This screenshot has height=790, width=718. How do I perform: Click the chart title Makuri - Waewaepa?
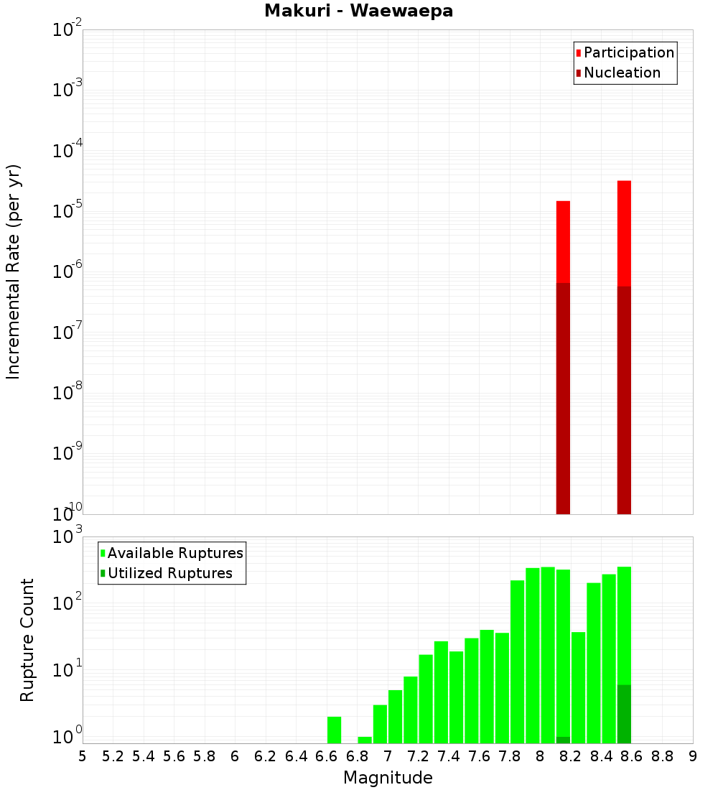[x=358, y=11]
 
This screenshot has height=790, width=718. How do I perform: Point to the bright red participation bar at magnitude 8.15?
[x=563, y=241]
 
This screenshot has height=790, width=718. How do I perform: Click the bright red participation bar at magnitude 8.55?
[x=624, y=233]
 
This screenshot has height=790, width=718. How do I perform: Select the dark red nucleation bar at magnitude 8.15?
[x=563, y=399]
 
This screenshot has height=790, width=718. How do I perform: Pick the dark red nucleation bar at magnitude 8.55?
[x=624, y=400]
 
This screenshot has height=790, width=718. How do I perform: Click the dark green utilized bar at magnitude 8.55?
[x=624, y=714]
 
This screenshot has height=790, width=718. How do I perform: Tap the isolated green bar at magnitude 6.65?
[x=334, y=730]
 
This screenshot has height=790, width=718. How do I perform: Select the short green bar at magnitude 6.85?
[x=365, y=740]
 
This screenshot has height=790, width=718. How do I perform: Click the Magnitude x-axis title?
[x=388, y=777]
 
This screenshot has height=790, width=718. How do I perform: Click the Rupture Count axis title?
[x=27, y=640]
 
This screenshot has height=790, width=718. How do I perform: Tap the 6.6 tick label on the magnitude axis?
[x=327, y=756]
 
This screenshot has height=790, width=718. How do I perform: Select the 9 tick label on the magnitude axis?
[x=693, y=756]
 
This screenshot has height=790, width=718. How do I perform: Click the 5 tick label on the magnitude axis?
[x=83, y=756]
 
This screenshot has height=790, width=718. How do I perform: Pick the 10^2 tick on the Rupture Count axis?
[x=67, y=604]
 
